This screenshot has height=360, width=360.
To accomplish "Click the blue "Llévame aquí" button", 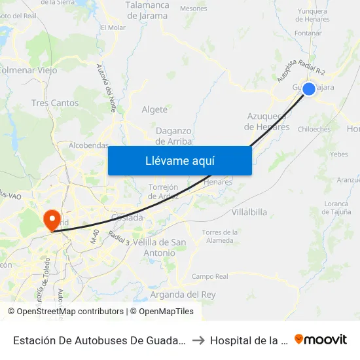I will point(179,160).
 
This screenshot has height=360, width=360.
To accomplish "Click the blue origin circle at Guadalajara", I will point(308,88).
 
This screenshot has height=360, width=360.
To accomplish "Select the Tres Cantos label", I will point(55,103).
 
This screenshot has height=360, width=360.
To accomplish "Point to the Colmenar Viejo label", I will point(29,70).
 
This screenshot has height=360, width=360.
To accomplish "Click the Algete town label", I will point(154,109).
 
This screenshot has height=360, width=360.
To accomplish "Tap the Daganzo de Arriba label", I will point(173,136).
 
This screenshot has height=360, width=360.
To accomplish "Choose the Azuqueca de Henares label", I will point(267,121).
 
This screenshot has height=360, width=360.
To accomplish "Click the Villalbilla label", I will point(249,212).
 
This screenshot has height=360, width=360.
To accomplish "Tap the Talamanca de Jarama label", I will point(147,10).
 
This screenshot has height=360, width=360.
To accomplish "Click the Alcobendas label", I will point(88,145).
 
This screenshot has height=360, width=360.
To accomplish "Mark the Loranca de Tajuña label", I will point(335,207).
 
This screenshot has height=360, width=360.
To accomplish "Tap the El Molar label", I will point(113,27).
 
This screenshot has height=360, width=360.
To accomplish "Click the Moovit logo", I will point(321,339).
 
